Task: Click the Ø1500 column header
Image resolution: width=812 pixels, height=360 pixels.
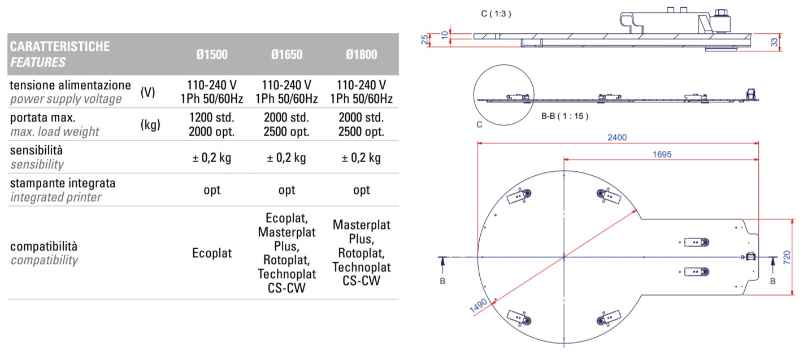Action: [212, 55]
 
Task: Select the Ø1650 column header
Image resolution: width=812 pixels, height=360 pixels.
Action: [286, 55]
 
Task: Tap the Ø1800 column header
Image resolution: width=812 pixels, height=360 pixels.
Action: [361, 55]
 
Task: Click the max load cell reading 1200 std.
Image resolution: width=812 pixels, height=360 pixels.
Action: [212, 118]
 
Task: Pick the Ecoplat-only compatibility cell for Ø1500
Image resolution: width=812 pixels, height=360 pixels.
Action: [212, 253]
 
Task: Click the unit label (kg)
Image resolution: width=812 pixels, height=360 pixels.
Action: [150, 125]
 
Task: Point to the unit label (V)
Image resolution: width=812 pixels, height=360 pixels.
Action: [147, 92]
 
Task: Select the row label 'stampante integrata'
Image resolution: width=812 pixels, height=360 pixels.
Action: [63, 183]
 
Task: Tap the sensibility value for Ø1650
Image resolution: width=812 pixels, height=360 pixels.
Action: [286, 158]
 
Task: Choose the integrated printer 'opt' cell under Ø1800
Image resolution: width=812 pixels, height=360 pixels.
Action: [361, 190]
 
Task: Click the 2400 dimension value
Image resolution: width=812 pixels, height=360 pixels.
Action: [617, 137]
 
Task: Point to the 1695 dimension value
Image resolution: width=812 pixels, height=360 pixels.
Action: [661, 154]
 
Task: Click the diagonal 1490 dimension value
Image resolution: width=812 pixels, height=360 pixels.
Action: [478, 306]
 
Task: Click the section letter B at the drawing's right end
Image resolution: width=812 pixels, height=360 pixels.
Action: [772, 280]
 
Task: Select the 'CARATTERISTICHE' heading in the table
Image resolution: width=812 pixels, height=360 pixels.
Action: [60, 46]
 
